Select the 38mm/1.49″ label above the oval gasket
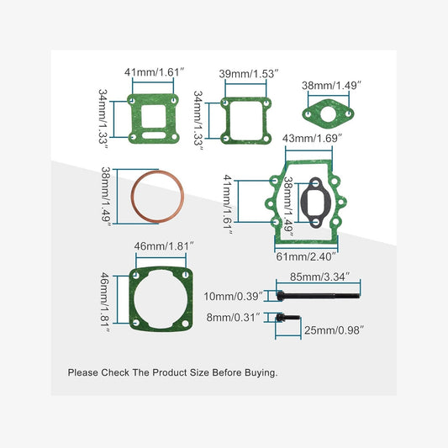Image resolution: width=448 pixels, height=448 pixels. point(331,85)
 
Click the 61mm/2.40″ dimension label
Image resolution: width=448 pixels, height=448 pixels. point(307,256)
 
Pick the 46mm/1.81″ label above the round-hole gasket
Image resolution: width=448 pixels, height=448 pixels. point(165,246)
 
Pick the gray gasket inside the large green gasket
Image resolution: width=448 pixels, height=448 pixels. point(312,203)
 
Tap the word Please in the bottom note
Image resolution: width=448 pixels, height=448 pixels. point(84,372)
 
